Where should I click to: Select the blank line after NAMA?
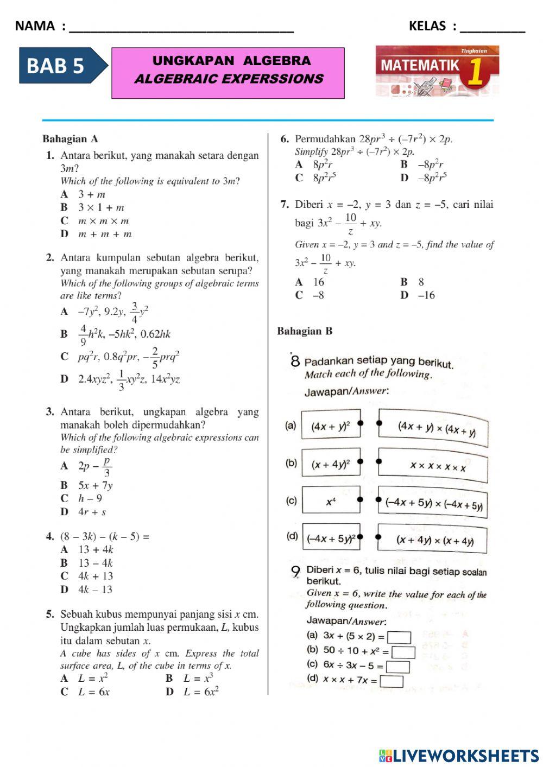(x=182, y=27)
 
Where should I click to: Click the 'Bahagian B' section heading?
(x=305, y=331)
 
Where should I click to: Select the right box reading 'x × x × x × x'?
(x=433, y=466)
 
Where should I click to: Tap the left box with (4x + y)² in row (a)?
(x=331, y=426)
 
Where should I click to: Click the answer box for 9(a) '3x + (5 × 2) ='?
(x=399, y=637)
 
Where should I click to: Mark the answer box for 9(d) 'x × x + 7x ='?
(x=392, y=681)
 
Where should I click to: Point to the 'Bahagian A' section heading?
(x=70, y=140)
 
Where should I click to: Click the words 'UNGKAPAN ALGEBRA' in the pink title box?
(x=231, y=61)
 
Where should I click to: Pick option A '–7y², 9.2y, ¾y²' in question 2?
(x=106, y=312)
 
